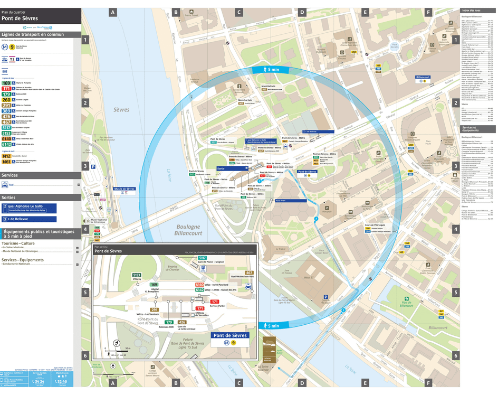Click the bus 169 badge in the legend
(6, 83)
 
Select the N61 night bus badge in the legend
(6, 162)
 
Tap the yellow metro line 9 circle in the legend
(12, 46)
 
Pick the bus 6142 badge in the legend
(6, 144)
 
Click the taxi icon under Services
(5, 185)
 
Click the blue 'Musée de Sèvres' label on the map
(125, 189)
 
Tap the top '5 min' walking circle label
(270, 69)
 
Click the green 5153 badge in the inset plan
(137, 275)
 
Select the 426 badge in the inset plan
(182, 322)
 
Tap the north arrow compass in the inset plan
(116, 343)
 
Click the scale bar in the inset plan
(120, 353)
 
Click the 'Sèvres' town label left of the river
(121, 110)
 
